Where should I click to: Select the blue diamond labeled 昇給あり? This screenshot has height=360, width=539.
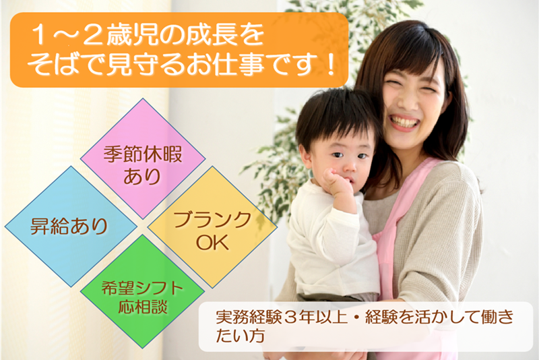point(71,227)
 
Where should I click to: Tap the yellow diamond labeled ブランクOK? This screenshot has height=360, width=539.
point(212,227)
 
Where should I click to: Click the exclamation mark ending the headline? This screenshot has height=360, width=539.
point(331,65)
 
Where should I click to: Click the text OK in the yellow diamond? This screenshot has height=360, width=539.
point(212,242)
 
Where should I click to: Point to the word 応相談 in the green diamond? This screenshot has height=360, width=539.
point(143,305)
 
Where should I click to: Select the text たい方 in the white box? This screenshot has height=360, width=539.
point(240,336)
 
